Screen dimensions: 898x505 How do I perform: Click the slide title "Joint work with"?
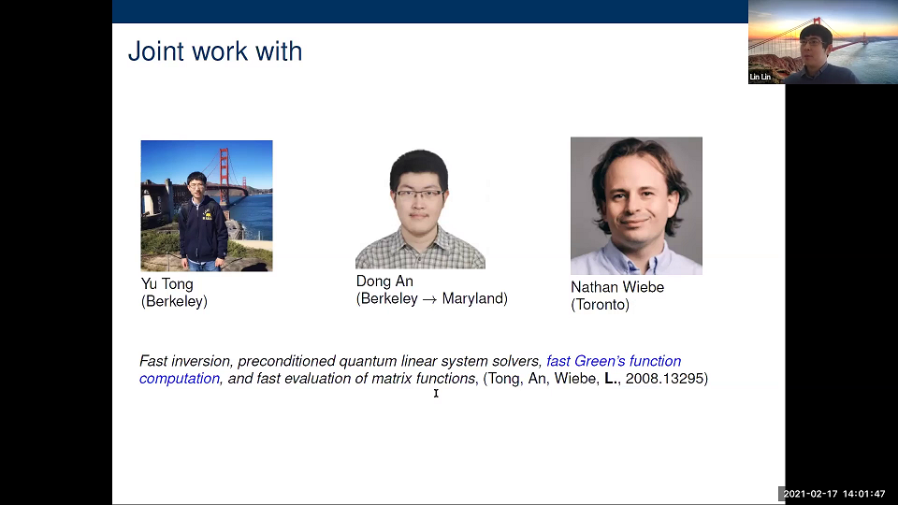click(215, 51)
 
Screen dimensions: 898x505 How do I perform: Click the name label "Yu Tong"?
click(167, 284)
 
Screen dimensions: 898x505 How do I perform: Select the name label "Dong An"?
click(384, 281)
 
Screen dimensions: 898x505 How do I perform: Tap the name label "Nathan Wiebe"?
click(617, 287)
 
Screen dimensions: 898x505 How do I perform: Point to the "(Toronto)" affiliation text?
click(601, 305)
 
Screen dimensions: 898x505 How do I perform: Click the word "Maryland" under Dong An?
click(472, 298)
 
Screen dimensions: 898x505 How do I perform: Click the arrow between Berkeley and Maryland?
click(429, 299)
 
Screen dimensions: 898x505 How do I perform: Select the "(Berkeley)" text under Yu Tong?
click(174, 302)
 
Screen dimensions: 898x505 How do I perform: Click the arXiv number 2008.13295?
click(664, 379)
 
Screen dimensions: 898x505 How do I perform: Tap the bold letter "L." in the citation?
click(612, 379)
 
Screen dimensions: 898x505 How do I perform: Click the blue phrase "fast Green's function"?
click(614, 361)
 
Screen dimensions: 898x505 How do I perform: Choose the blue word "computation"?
click(180, 379)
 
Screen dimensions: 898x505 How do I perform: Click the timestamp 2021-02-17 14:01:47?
click(834, 494)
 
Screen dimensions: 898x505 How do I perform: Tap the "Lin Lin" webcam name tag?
click(760, 77)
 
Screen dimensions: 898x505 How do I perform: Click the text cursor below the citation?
click(436, 393)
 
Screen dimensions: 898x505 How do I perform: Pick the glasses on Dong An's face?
click(419, 194)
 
